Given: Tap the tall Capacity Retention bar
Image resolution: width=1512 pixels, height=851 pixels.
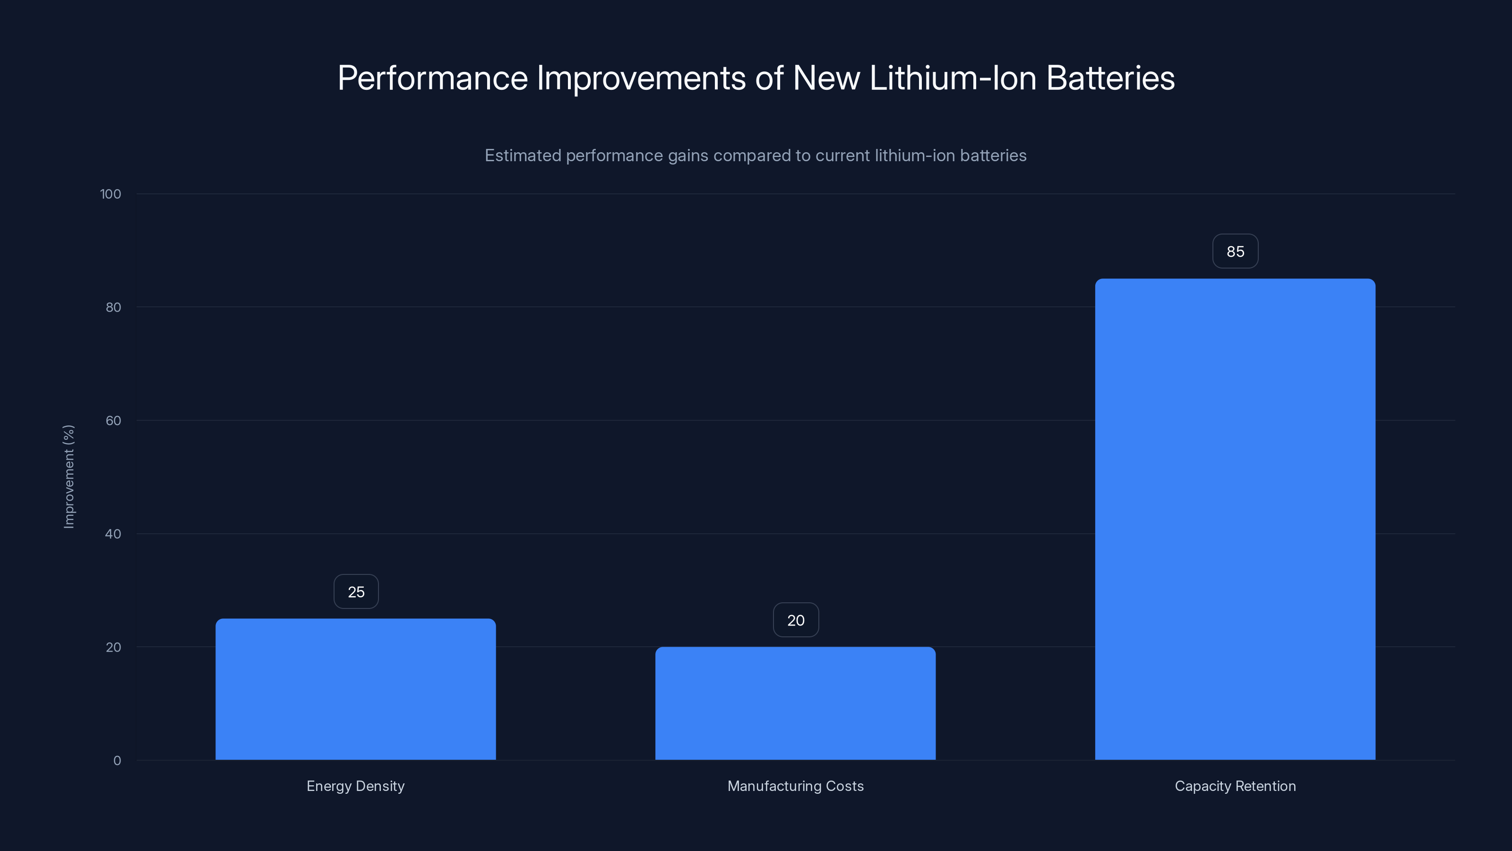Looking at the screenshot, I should coord(1235,519).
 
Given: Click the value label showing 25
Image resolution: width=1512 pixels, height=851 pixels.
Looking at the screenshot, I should coord(356,591).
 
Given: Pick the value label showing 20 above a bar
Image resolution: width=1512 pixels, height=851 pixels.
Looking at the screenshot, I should coord(795,620).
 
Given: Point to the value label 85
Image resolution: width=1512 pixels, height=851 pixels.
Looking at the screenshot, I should coord(1235,252).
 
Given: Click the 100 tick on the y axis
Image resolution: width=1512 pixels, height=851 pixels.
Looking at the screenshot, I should coord(111,194).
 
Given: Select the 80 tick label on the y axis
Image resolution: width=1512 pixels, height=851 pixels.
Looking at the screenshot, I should coord(113,307).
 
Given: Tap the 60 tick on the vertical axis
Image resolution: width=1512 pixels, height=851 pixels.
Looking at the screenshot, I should coord(113,420).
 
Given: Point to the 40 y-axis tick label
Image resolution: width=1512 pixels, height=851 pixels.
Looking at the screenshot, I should coord(113,534).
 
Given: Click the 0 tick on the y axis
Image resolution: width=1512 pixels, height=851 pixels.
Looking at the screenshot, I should coord(117,761).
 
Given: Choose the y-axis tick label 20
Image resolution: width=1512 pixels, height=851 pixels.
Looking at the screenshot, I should coord(113,647).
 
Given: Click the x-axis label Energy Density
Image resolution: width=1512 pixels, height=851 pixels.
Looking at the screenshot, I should coord(355,786).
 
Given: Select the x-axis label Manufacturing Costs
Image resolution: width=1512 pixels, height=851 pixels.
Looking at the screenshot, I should coord(795,786).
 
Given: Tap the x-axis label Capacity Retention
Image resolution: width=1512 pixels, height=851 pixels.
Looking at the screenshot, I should coord(1235,786).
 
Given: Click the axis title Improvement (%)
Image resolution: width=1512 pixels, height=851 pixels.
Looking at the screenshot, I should coord(69,476).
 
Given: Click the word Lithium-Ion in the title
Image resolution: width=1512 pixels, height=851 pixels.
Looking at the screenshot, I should coord(953,78).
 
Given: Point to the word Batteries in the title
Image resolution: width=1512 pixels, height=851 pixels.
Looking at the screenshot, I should coord(1110,78).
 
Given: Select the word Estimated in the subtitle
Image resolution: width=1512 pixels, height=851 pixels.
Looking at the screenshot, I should coord(523,155).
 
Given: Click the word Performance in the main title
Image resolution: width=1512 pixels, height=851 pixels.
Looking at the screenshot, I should coord(433,78).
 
